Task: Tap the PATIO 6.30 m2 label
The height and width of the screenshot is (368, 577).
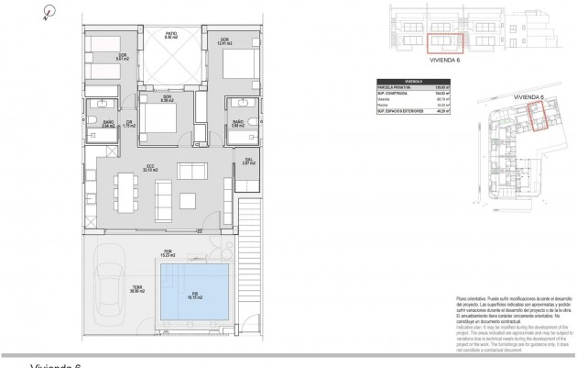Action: point(170,35)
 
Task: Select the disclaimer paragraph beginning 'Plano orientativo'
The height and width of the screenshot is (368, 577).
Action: point(505,322)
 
